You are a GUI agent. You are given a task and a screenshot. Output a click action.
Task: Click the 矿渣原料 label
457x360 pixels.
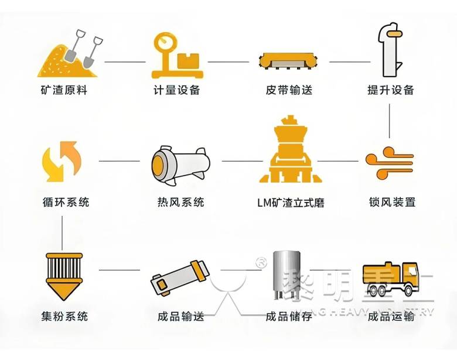(x=64, y=91)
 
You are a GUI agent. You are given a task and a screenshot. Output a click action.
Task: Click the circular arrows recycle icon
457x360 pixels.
(x=63, y=161)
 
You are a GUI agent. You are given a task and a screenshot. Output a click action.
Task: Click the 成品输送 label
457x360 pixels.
(x=180, y=317)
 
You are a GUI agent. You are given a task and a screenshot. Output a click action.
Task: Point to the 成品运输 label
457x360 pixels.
(x=391, y=317)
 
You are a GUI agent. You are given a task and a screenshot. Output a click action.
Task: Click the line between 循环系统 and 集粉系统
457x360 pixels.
(x=63, y=231)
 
